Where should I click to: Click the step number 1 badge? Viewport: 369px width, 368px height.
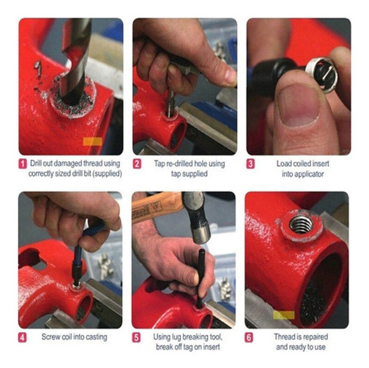pos(23,164)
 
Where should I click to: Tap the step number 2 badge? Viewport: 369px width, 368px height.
pos(137,164)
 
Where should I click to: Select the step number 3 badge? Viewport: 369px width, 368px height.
pos(250,164)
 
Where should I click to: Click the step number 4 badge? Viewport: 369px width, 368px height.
pos(23,338)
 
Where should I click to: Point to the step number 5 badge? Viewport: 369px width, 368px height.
pos(136,338)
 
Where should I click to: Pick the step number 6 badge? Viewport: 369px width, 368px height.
pos(249,338)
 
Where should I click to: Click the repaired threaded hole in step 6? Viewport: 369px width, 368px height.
pos(301,224)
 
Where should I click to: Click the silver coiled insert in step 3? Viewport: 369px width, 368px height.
pos(321,74)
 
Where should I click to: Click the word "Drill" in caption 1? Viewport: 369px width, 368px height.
pos(36,163)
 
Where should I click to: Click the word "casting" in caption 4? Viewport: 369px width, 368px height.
pos(96,337)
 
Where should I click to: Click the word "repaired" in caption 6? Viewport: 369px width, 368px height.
pos(315,337)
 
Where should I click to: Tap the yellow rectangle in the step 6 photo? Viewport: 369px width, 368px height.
pos(284,315)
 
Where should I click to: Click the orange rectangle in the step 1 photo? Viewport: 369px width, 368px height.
pos(93,142)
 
